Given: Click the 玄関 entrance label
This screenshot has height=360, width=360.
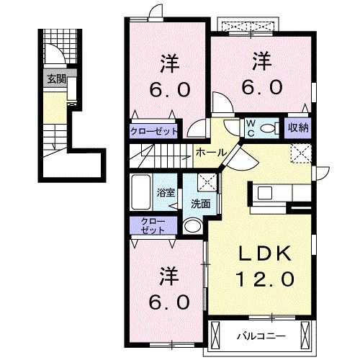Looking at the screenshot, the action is [57, 78].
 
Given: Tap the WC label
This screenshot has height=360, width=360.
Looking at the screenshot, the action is [251, 129].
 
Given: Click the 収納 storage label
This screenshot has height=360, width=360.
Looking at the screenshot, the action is [298, 127].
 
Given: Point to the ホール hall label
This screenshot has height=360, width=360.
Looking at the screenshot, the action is [211, 152].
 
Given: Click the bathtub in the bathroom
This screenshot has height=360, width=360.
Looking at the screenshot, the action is [140, 192].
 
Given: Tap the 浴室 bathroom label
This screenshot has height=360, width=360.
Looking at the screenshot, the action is [166, 193].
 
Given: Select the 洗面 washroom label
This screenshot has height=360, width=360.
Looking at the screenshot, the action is [201, 204].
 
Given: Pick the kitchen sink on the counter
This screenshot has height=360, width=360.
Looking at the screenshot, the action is [265, 192].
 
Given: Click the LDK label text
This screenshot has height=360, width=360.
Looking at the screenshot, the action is [265, 253].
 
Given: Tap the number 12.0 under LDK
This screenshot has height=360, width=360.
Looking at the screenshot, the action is [265, 279].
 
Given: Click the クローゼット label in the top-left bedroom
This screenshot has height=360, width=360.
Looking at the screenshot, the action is [154, 132].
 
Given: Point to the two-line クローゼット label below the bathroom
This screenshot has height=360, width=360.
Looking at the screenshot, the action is [153, 225].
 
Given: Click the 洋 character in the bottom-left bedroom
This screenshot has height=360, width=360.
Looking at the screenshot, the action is [169, 276].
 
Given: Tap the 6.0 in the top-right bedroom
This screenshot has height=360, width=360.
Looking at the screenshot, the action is [262, 87].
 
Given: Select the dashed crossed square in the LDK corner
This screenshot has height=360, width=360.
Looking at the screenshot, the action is [301, 153].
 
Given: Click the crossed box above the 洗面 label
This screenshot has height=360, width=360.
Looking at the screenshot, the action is [207, 182].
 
